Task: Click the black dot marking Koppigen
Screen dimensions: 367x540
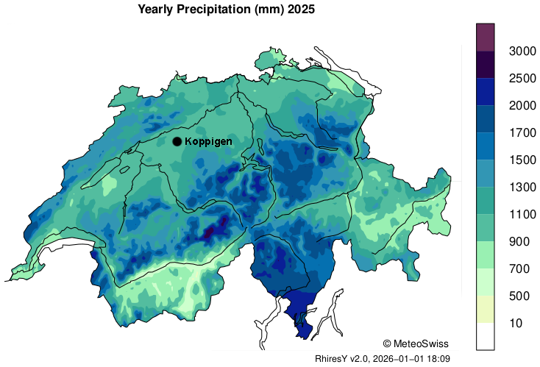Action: (177, 141)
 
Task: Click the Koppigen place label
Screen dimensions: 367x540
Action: (209, 141)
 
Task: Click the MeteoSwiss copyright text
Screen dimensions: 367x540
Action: (416, 343)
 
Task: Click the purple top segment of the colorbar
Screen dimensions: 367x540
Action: (485, 37)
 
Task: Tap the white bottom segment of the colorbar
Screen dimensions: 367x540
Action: (485, 336)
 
